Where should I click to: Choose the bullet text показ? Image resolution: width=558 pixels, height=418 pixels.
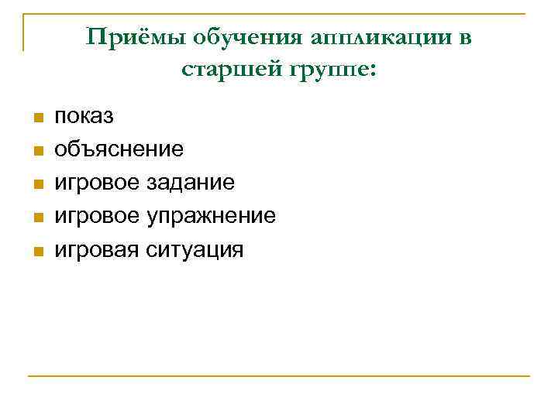click(83, 117)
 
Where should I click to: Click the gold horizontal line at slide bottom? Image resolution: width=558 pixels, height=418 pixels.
click(279, 377)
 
